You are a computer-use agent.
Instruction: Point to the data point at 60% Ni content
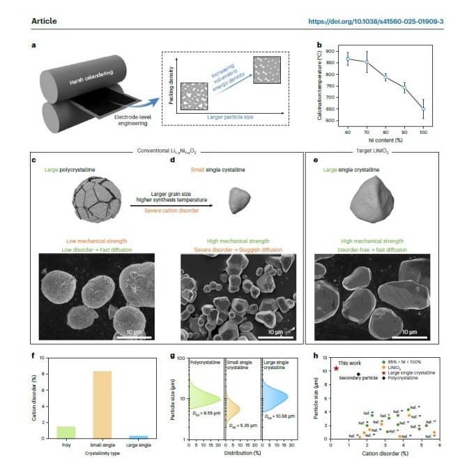pos(328,59)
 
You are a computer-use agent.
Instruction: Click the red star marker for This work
pos(336,368)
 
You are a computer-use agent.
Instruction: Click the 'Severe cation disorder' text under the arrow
pos(181,210)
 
